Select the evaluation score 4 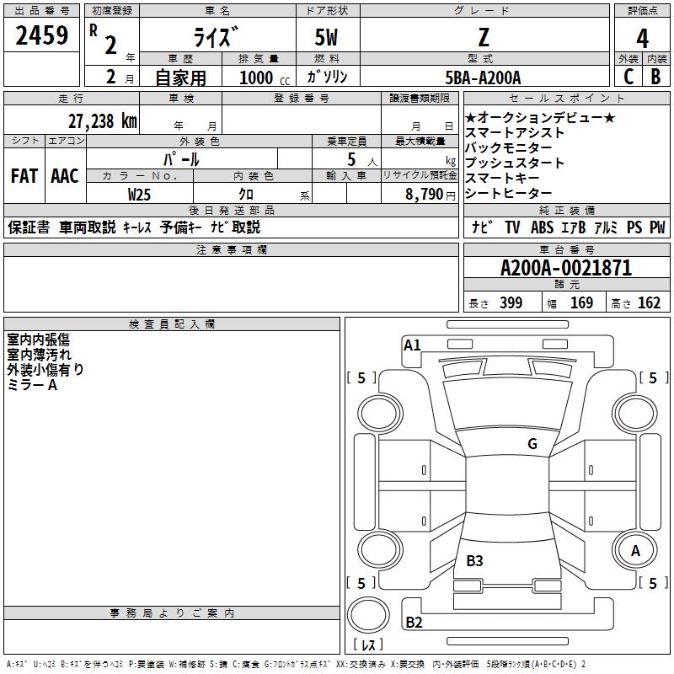(642, 39)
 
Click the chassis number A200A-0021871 (565, 269)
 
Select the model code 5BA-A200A (483, 78)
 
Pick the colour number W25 (140, 194)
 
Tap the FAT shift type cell (24, 176)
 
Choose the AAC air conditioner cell (65, 176)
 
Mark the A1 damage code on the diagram (412, 345)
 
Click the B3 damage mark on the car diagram (474, 560)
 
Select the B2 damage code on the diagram (414, 623)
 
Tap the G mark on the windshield (532, 444)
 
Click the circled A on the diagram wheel (635, 550)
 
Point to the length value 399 (510, 303)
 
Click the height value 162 (649, 303)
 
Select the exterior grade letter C (628, 77)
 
